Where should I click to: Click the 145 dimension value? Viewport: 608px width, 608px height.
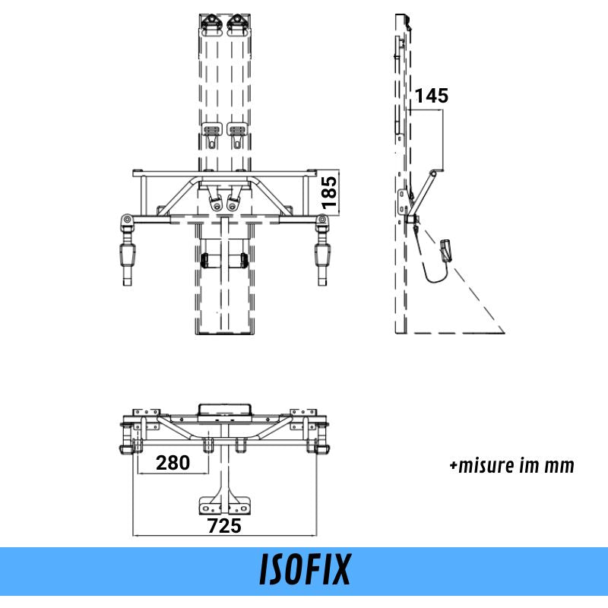432,96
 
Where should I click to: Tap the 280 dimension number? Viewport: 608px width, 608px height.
173,463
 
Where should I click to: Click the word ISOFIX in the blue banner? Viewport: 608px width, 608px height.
305,570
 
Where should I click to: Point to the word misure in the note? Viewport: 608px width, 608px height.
486,465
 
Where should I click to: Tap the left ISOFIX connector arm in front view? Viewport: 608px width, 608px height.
126,258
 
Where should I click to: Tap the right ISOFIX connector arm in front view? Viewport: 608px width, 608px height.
324,258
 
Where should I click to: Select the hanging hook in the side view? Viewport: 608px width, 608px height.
445,250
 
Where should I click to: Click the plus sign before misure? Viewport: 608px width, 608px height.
453,466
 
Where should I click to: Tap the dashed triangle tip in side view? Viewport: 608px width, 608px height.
503,332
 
